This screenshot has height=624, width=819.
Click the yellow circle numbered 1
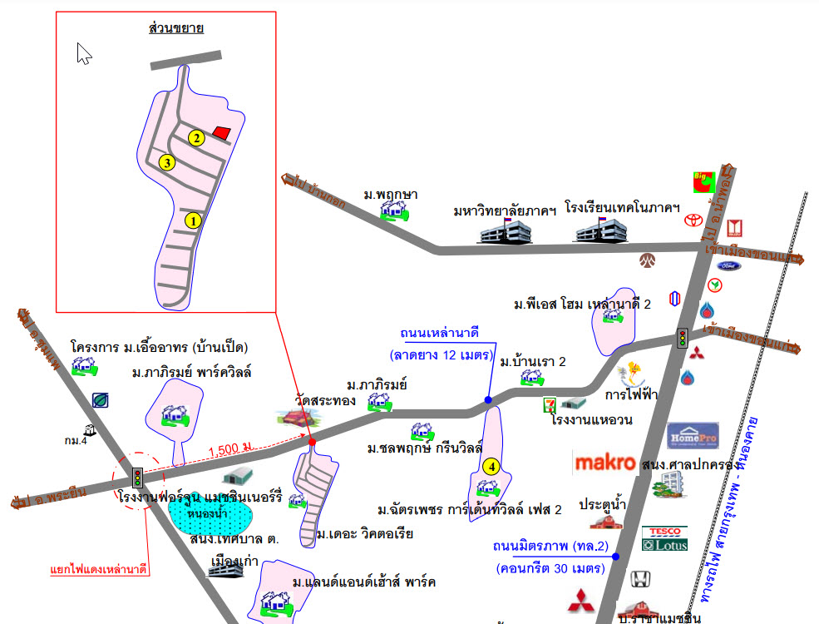click(x=193, y=220)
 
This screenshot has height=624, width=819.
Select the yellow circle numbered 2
click(x=196, y=138)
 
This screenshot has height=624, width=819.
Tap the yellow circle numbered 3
click(x=168, y=162)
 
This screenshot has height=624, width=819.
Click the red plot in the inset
click(x=221, y=131)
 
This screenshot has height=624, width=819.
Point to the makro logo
click(x=605, y=463)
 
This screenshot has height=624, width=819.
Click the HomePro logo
click(x=693, y=436)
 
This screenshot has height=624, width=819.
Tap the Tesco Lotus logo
click(x=664, y=538)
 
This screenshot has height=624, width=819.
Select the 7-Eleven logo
click(x=549, y=404)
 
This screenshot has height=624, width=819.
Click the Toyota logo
click(x=692, y=221)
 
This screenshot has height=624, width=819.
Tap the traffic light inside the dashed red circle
click(x=136, y=478)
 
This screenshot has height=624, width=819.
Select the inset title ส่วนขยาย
click(x=175, y=29)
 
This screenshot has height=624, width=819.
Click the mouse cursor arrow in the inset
click(x=83, y=53)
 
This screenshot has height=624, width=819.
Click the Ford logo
click(x=727, y=265)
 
